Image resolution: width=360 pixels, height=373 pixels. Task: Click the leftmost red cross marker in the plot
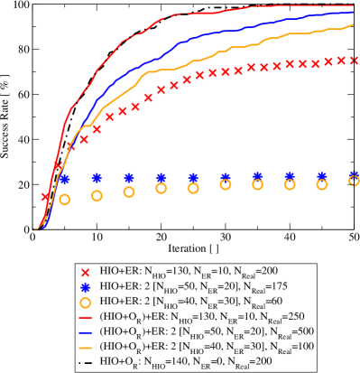pyautogui.click(x=45, y=196)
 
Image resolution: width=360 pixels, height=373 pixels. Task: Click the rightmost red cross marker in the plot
pyautogui.click(x=355, y=60)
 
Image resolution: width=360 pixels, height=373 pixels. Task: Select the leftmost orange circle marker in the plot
pyautogui.click(x=64, y=200)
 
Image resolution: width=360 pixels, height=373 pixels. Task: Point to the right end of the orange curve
pyautogui.click(x=354, y=25)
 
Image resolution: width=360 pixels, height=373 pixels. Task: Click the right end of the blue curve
pyautogui.click(x=354, y=13)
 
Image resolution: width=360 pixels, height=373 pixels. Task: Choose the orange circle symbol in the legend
pyautogui.click(x=85, y=304)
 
